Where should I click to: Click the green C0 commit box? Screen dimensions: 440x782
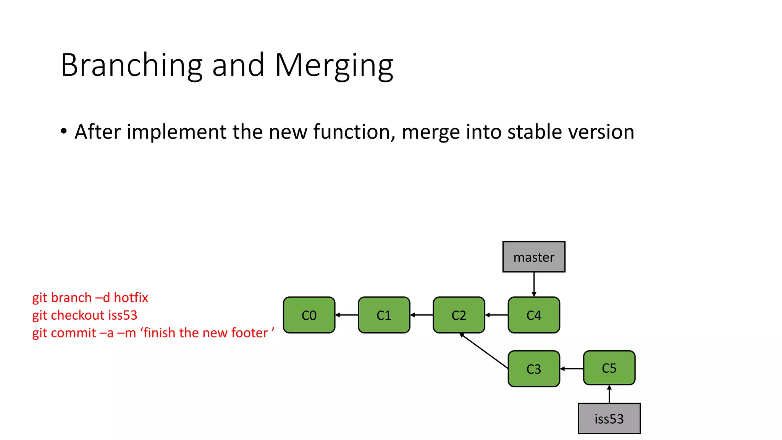309,315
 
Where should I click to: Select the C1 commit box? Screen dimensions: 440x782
384,315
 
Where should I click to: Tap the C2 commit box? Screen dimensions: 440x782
459,315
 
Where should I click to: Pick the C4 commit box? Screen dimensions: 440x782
533,315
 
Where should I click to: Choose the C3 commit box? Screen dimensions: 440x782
533,369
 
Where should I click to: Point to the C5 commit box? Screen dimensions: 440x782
609,368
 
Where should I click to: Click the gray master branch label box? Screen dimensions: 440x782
533,257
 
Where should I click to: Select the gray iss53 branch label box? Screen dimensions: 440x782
609,419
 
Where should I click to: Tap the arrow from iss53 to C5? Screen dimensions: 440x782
609,394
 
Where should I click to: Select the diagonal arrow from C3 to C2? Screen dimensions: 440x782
484,351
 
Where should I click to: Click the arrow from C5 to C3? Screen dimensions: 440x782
572,369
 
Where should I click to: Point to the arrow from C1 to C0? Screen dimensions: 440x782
347,315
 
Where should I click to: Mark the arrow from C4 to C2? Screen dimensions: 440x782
496,315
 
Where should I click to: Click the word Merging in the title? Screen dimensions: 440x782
334,66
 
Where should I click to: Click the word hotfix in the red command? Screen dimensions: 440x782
131,298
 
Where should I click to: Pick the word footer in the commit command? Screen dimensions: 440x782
249,333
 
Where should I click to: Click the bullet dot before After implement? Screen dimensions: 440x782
64,131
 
